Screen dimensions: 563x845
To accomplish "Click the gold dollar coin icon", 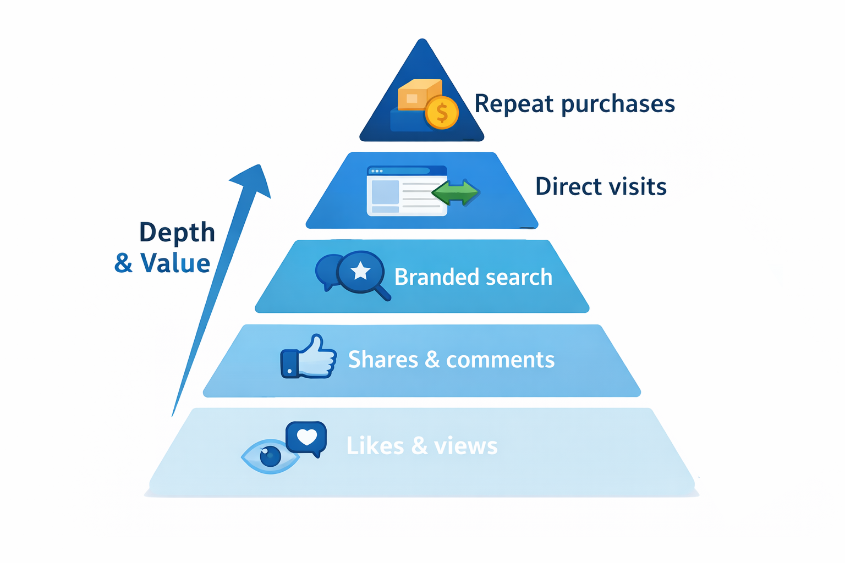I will [x=442, y=113].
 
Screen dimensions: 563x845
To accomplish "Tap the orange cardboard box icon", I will [x=418, y=95].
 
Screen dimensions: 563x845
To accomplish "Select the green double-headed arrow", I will [x=456, y=192].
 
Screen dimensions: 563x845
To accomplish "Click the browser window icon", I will [x=407, y=191].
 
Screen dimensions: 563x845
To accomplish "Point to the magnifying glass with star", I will [x=362, y=273].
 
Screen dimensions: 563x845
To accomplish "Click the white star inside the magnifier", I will [x=361, y=271].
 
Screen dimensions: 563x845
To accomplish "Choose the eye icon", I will [x=270, y=456].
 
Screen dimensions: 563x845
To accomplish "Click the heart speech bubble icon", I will [x=307, y=438].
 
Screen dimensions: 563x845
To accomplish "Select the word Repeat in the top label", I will [x=513, y=104].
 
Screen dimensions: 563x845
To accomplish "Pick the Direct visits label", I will [x=601, y=187].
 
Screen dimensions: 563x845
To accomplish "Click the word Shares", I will [x=383, y=360].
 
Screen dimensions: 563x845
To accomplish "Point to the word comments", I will [x=500, y=360].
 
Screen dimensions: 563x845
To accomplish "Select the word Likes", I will [x=375, y=446].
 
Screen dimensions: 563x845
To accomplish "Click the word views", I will [x=465, y=446].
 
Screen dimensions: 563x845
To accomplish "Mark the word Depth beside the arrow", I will [x=177, y=233].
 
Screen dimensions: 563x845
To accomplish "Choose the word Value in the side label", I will [x=175, y=263].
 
